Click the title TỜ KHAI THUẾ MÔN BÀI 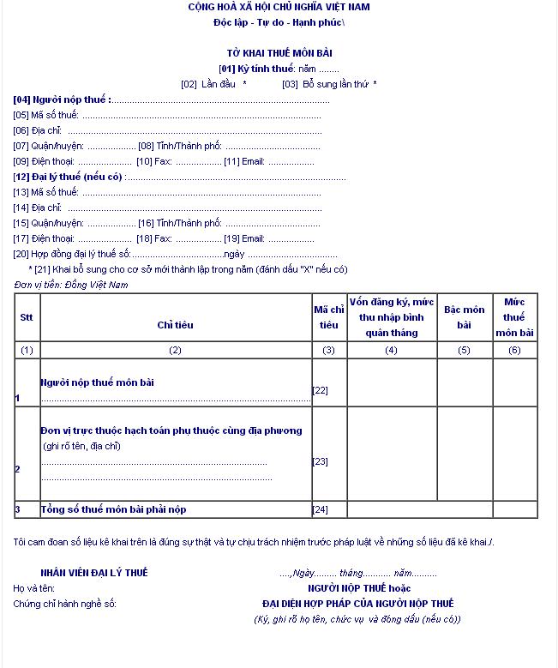[280, 52]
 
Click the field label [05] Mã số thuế [46, 115]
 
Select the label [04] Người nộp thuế [62, 99]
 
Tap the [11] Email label [244, 161]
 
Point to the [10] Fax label [154, 161]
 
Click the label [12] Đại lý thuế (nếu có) [69, 177]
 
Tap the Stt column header [27, 317]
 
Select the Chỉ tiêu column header [175, 325]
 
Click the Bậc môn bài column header [464, 317]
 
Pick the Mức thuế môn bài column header [514, 317]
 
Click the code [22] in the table [321, 390]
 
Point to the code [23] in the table [321, 461]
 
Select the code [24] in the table [321, 509]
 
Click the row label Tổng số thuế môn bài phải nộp [113, 509]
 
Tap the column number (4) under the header [391, 350]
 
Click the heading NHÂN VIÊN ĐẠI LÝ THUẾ [93, 572]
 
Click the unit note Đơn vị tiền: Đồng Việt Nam [71, 284]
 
